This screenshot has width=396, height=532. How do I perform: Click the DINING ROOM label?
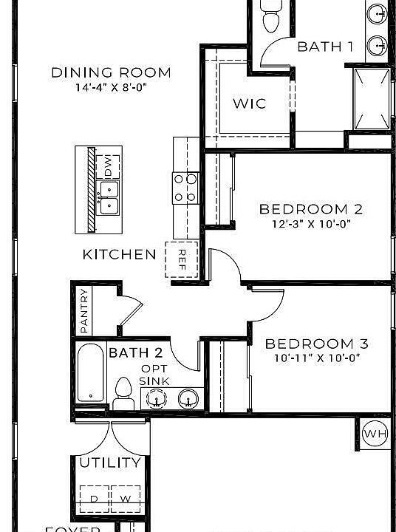tap(111, 72)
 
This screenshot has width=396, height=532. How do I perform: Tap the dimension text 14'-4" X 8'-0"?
tap(111, 86)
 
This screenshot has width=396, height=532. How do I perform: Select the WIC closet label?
tap(249, 103)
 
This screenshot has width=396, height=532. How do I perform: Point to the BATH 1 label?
tap(325, 47)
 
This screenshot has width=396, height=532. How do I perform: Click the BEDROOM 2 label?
tap(313, 209)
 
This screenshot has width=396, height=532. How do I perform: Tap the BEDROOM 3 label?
tap(316, 344)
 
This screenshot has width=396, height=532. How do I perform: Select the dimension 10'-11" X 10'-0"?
tap(316, 358)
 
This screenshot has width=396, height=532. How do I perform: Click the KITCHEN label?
tap(119, 255)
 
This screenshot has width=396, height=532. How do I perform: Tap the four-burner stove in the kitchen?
tap(185, 188)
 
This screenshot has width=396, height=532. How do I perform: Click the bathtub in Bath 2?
tap(92, 374)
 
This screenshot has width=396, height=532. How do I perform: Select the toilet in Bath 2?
tap(123, 392)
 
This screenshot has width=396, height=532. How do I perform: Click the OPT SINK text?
tap(155, 375)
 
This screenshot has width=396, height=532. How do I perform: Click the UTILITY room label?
tap(111, 463)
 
